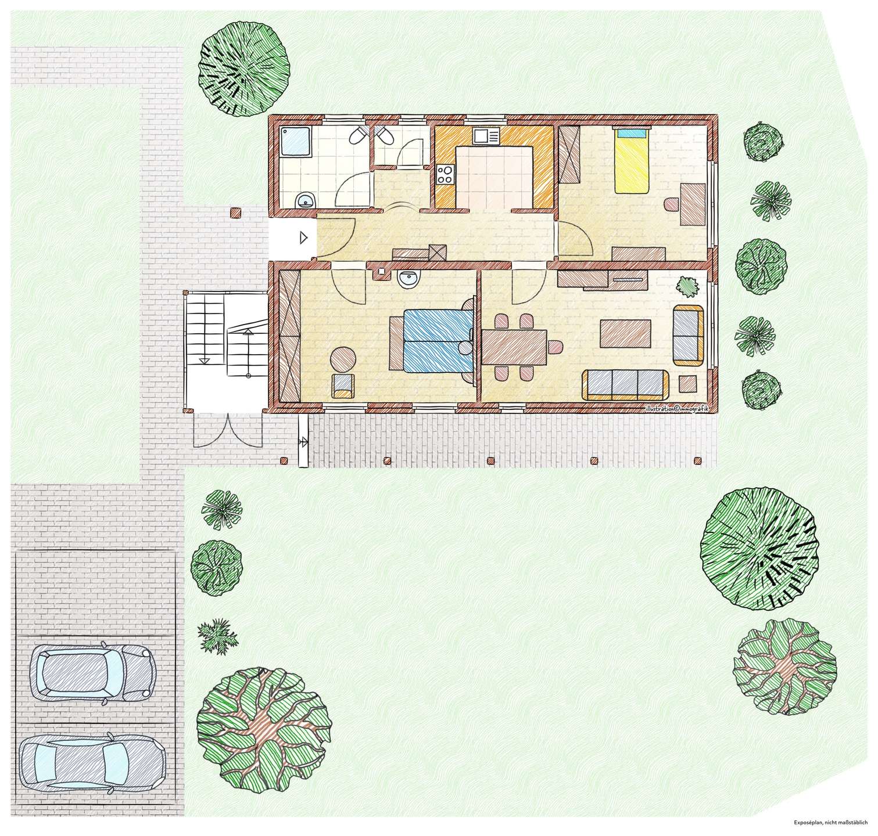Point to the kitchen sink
tap(486, 136)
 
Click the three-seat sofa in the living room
tap(625, 385)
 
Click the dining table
tap(515, 347)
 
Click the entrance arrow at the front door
tap(303, 237)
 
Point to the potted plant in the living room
tap(689, 285)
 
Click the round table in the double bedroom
tap(343, 358)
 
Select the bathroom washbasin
tap(305, 201)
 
